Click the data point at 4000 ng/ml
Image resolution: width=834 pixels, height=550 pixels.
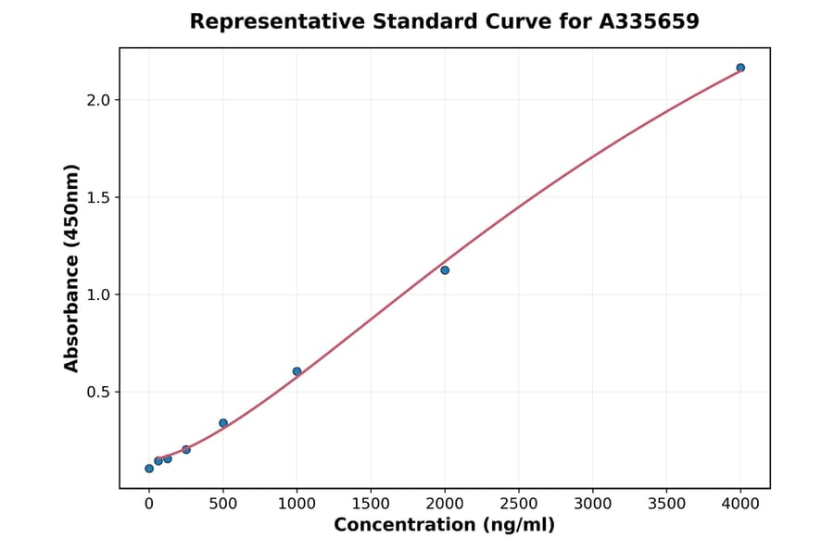point(740,68)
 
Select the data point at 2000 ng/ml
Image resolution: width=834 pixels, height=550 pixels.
point(445,270)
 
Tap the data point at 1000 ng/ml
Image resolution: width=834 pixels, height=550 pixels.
point(297,371)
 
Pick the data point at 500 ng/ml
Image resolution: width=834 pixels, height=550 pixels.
point(223,423)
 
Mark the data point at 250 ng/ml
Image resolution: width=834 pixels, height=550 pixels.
point(186,449)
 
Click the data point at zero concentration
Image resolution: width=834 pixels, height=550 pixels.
point(149,469)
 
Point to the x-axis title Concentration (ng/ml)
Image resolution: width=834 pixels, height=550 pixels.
point(444,525)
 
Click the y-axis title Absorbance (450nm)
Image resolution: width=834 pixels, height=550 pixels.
point(72,268)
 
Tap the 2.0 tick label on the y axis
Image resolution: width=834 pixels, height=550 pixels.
point(97,100)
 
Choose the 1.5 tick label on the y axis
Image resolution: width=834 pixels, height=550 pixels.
point(97,197)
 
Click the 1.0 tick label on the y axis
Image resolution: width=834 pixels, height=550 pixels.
point(97,294)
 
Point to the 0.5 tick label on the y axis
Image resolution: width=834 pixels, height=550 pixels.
point(97,392)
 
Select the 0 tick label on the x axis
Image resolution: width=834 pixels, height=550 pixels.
point(149,504)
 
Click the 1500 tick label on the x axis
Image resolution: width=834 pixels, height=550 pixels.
point(371,504)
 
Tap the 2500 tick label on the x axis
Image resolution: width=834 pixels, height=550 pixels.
point(519,504)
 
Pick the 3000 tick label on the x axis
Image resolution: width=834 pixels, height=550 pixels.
point(593,504)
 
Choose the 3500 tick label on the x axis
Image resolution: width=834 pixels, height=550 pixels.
point(666,504)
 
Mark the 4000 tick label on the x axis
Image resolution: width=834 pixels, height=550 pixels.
point(740,504)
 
